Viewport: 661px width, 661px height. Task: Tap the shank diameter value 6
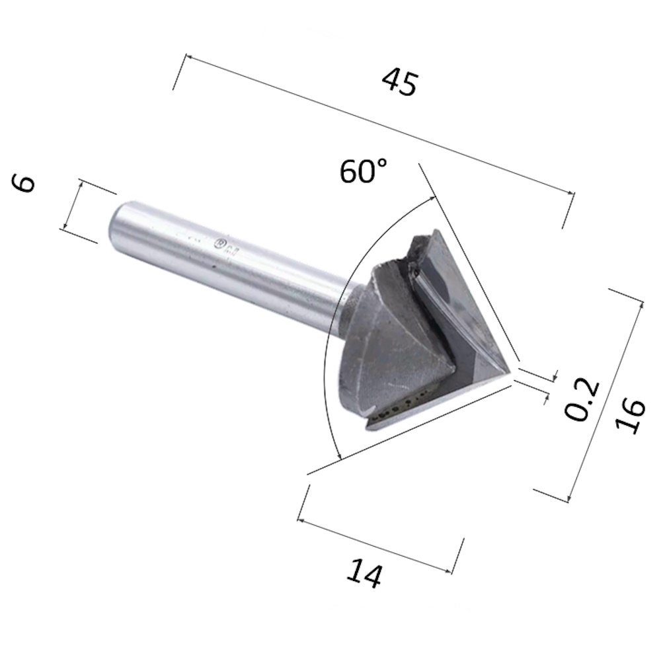25,183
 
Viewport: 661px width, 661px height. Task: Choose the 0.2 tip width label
582,400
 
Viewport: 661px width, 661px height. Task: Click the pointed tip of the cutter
510,377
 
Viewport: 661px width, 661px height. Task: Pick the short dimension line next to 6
72,205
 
